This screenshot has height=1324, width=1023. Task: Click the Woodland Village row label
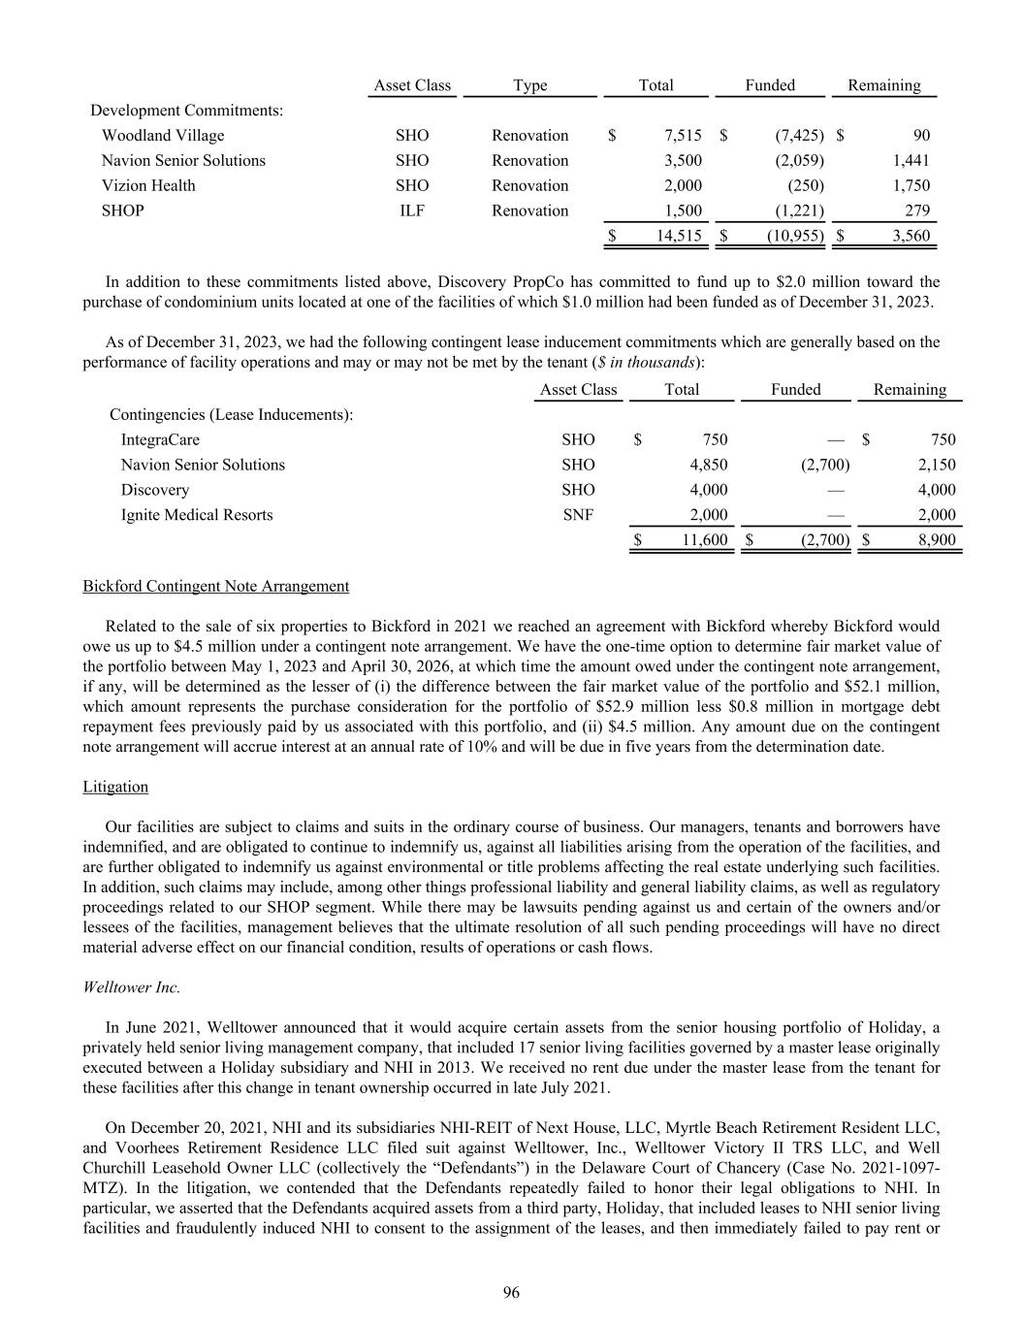(x=163, y=136)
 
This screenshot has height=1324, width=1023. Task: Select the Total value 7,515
(x=682, y=136)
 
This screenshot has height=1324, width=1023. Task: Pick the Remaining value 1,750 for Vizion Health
(x=911, y=186)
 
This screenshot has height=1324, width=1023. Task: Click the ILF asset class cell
(x=412, y=211)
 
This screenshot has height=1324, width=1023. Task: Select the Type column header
(x=529, y=85)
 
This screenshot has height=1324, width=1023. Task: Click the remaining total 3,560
(x=911, y=236)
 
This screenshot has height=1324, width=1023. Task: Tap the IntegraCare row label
(x=160, y=440)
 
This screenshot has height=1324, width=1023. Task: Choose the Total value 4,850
(x=708, y=466)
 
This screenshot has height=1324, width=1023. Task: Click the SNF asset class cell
(x=578, y=516)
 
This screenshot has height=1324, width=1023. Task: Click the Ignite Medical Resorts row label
(x=197, y=516)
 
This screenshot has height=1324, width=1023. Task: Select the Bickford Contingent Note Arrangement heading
(x=216, y=587)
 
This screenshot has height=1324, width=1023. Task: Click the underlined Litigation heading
(x=115, y=787)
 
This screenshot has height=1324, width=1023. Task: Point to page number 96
(x=511, y=1292)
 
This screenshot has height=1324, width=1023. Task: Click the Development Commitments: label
(x=187, y=111)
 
